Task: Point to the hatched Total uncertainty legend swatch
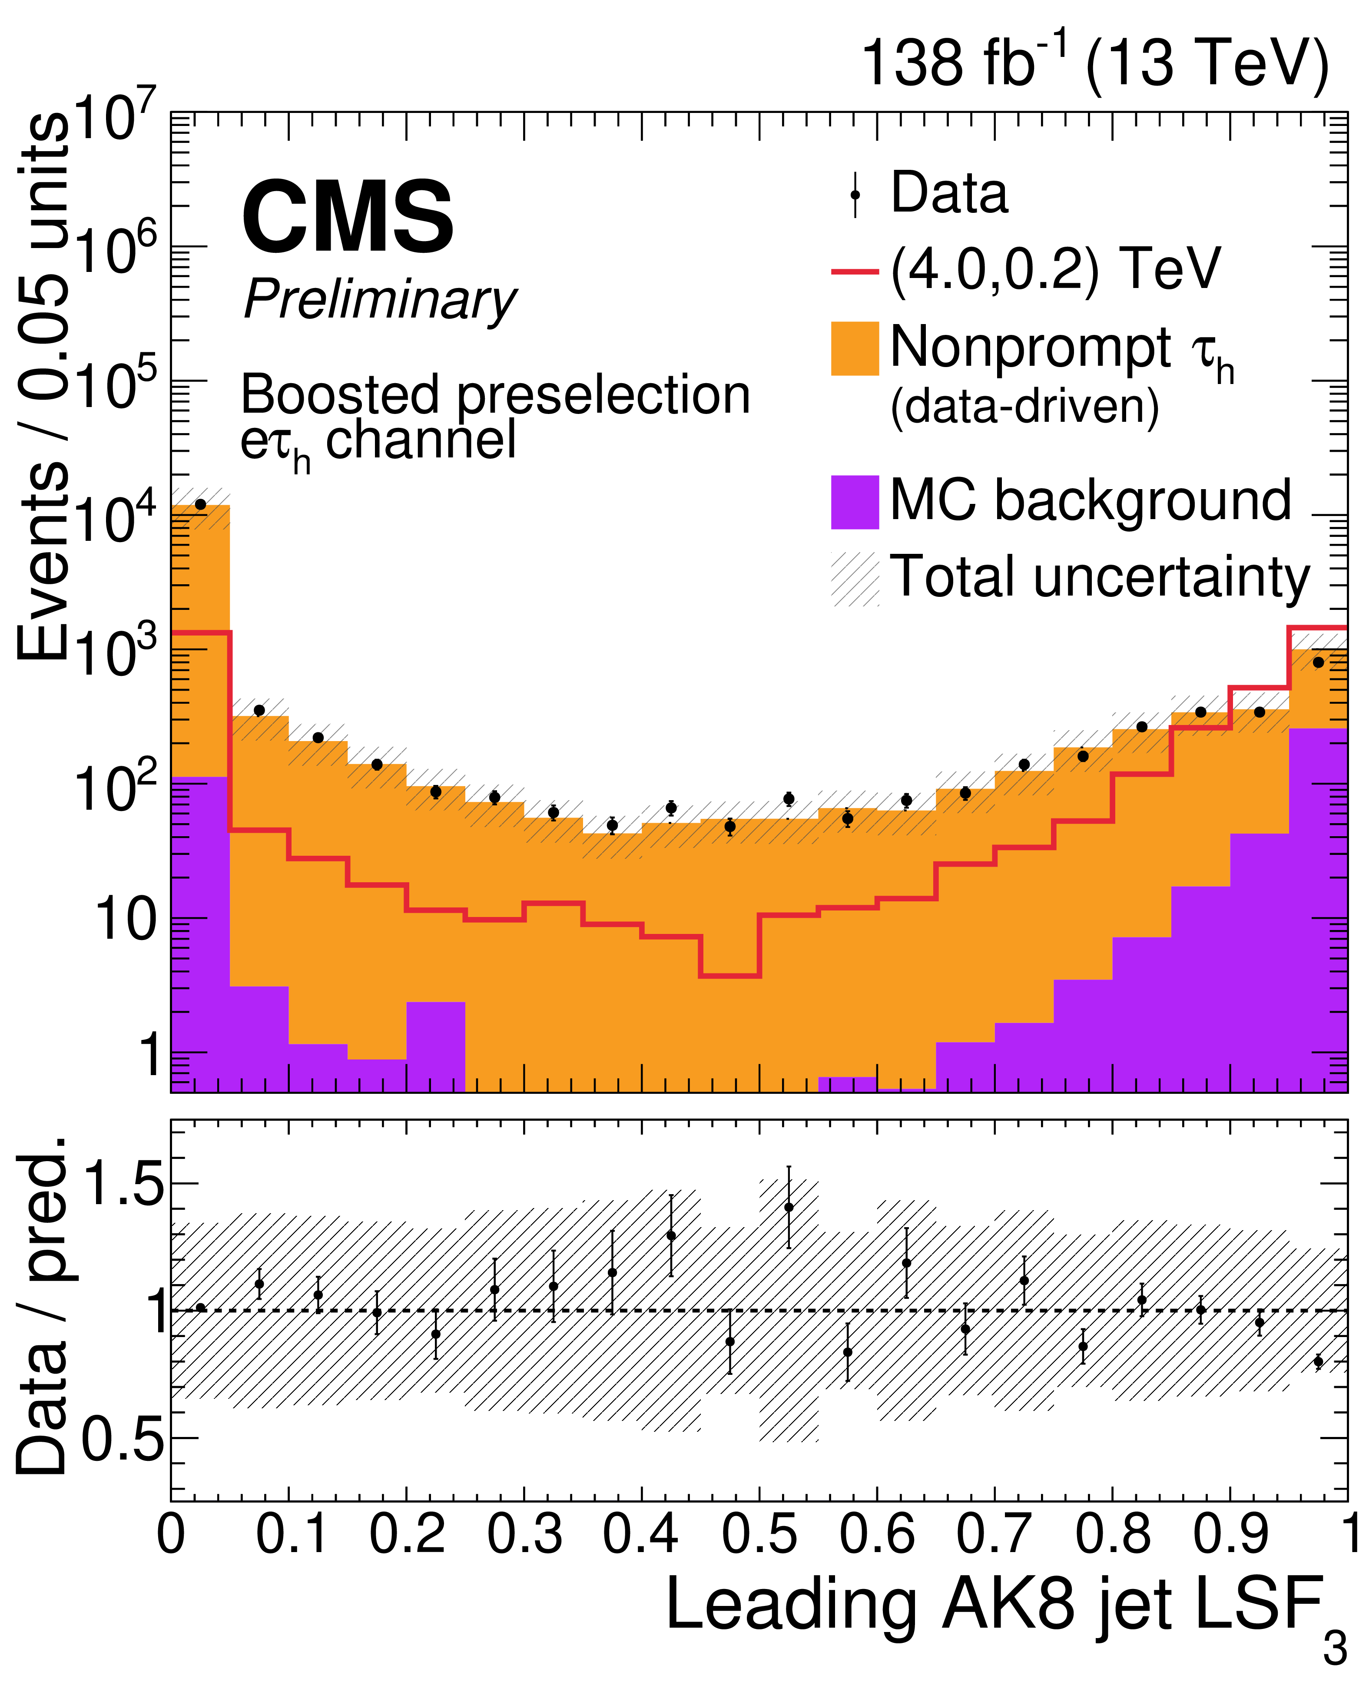[x=855, y=579]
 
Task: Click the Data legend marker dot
[x=855, y=194]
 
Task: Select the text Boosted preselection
[x=495, y=394]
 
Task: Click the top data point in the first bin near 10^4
[x=200, y=505]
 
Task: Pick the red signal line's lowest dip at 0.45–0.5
[x=729, y=976]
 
